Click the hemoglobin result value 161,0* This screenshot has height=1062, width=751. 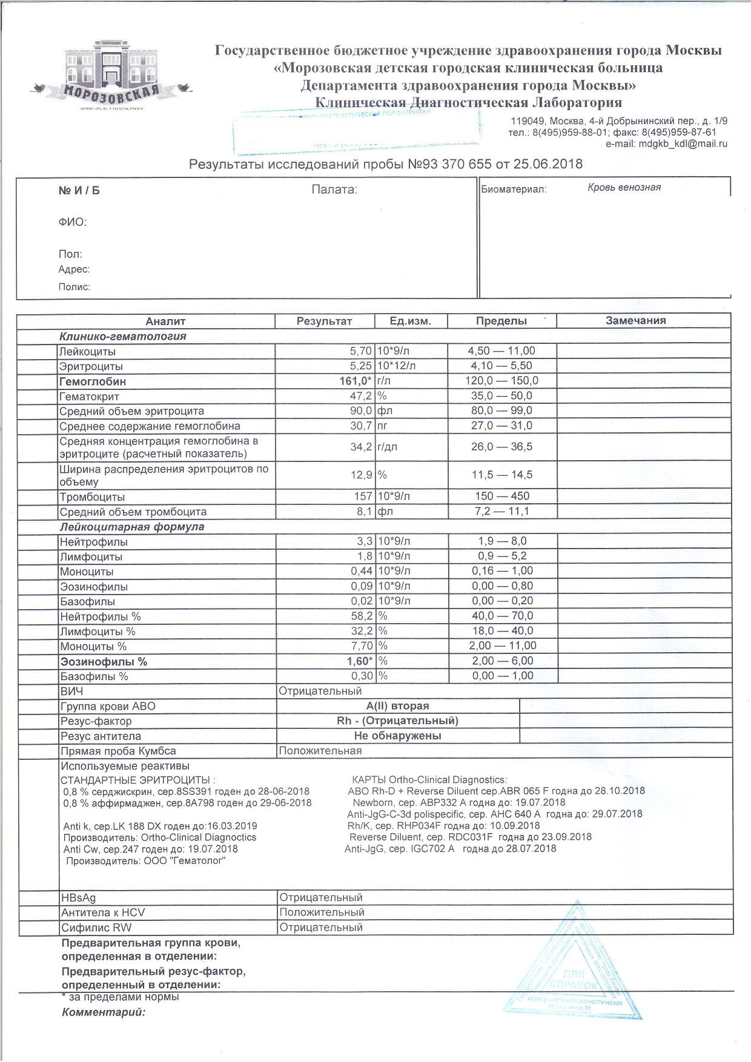pos(354,381)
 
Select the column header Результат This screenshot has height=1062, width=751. pos(324,321)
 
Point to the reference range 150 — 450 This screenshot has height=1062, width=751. pos(502,496)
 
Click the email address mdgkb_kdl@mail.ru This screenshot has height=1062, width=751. pos(683,143)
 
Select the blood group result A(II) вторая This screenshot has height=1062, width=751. pos(397,706)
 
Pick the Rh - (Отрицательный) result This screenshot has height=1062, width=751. pos(397,721)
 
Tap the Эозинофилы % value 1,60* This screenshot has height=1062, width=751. pos(355,661)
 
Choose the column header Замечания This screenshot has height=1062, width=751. pos(635,321)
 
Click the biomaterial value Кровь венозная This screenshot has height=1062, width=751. pos(624,188)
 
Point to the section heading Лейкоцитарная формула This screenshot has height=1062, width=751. pos(131,527)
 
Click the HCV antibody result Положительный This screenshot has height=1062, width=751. pos(322,912)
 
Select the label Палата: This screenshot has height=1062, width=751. pos(334,190)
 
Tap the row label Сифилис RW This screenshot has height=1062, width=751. pos(96,928)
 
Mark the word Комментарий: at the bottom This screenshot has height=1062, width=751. pos(104,1012)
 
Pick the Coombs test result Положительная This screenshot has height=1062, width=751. pos(320,751)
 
